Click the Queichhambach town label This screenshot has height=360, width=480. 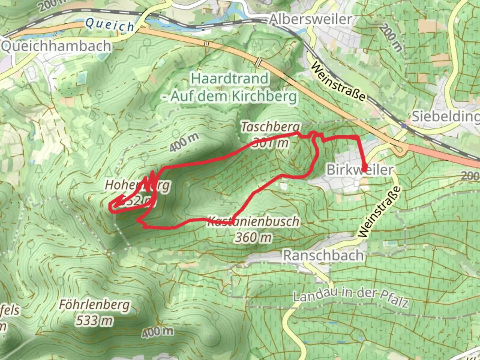[x=56, y=46]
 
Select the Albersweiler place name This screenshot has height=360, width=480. [x=311, y=19]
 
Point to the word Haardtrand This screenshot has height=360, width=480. [x=230, y=79]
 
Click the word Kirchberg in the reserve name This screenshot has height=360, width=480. [x=264, y=97]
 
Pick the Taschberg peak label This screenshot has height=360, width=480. [x=271, y=127]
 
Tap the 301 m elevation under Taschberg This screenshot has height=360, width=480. [x=271, y=143]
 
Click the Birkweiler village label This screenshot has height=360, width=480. [x=360, y=170]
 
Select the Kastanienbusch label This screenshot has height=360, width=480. [x=253, y=221]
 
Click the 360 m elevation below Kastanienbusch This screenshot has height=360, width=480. [x=253, y=237]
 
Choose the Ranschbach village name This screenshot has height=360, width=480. [x=323, y=256]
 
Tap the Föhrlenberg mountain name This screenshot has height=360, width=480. [x=94, y=305]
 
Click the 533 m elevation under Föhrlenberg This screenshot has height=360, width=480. [x=94, y=320]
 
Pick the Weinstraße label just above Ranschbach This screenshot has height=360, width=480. [x=379, y=212]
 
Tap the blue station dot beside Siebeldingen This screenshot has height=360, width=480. [x=404, y=126]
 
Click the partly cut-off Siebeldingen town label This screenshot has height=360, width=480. [x=446, y=116]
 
